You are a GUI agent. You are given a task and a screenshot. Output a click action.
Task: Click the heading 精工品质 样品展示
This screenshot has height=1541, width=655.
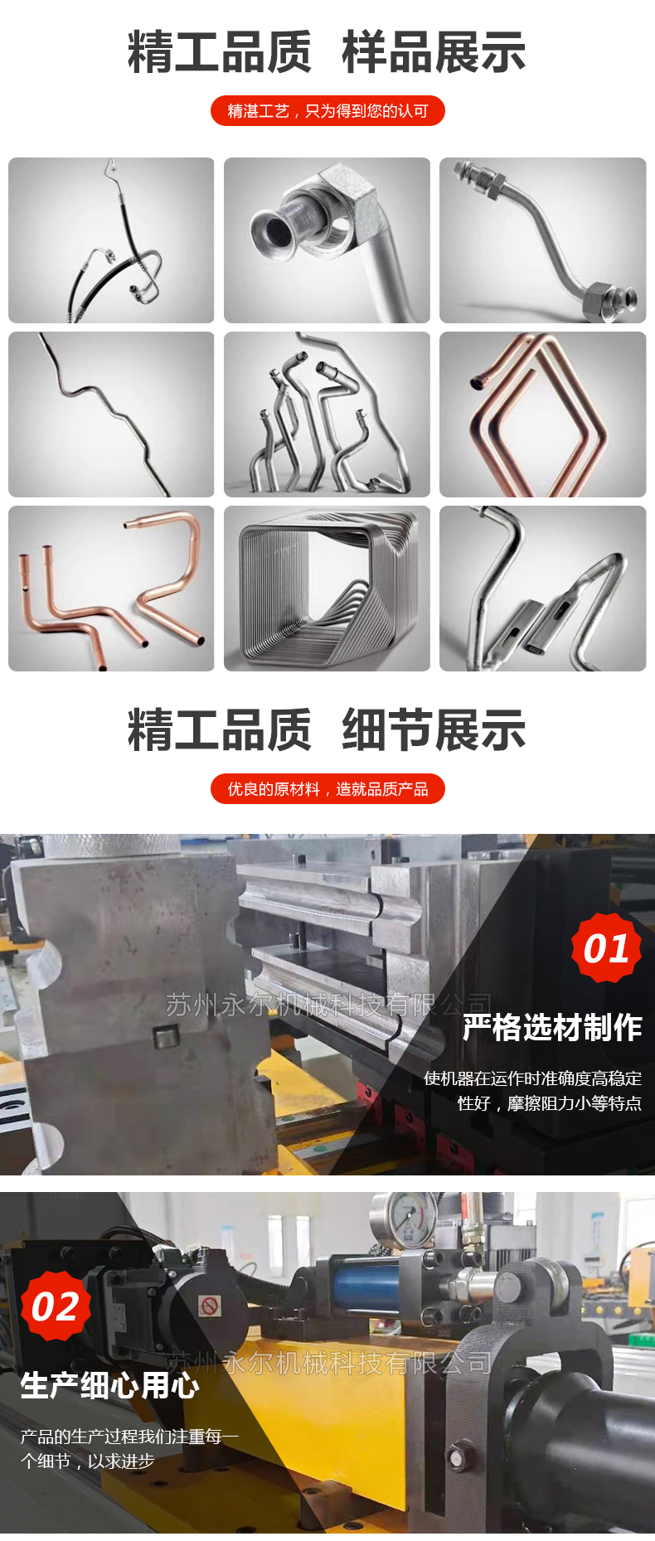click(x=327, y=52)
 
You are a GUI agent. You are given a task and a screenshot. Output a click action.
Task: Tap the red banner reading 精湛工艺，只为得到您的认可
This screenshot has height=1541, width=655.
click(x=327, y=111)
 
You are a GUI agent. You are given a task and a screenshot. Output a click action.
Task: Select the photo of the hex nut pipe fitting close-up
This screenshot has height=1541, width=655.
click(x=327, y=240)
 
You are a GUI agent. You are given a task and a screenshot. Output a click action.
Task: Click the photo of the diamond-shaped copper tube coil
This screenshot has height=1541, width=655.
click(x=542, y=414)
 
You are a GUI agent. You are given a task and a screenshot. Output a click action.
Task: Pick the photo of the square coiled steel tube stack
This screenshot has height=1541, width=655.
click(x=327, y=589)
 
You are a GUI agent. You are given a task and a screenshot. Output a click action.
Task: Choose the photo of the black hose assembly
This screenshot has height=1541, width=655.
click(x=111, y=240)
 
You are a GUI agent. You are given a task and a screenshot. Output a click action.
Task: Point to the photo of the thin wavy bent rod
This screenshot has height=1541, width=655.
click(x=111, y=414)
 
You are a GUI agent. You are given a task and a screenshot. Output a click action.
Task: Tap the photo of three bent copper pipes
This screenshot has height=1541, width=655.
click(x=111, y=589)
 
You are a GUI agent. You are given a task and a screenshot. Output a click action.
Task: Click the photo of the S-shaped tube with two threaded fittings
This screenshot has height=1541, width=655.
click(x=542, y=240)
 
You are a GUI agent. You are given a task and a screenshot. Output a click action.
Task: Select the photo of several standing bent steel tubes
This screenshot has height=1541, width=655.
click(x=327, y=414)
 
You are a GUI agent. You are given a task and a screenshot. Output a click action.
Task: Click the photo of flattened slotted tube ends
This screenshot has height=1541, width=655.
click(x=542, y=589)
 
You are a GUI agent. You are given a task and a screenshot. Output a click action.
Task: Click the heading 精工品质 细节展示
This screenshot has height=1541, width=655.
click(x=327, y=730)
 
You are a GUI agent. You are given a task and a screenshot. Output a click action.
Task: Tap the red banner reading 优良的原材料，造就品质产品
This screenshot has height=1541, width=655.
click(x=327, y=789)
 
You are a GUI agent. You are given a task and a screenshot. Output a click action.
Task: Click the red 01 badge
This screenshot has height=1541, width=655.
click(x=606, y=948)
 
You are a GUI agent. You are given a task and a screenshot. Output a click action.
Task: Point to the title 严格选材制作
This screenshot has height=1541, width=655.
click(x=552, y=1028)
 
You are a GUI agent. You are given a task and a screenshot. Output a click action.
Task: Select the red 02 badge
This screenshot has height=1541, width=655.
click(x=55, y=1306)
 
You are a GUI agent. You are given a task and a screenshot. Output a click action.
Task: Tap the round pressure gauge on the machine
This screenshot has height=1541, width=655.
click(x=406, y=1219)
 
